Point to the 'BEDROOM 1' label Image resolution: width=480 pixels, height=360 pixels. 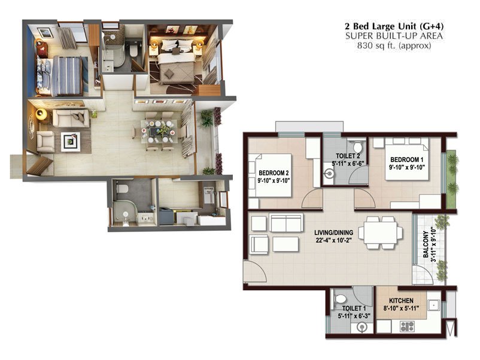406,160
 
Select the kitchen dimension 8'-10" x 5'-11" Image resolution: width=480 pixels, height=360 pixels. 401,309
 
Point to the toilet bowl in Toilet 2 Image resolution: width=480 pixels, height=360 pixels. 357,148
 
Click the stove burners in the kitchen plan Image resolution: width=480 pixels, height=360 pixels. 407,326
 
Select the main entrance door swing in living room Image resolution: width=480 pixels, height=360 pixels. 254,272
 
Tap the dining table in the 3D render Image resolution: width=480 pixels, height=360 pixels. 159,130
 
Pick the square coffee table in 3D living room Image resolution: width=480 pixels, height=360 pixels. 72,142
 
